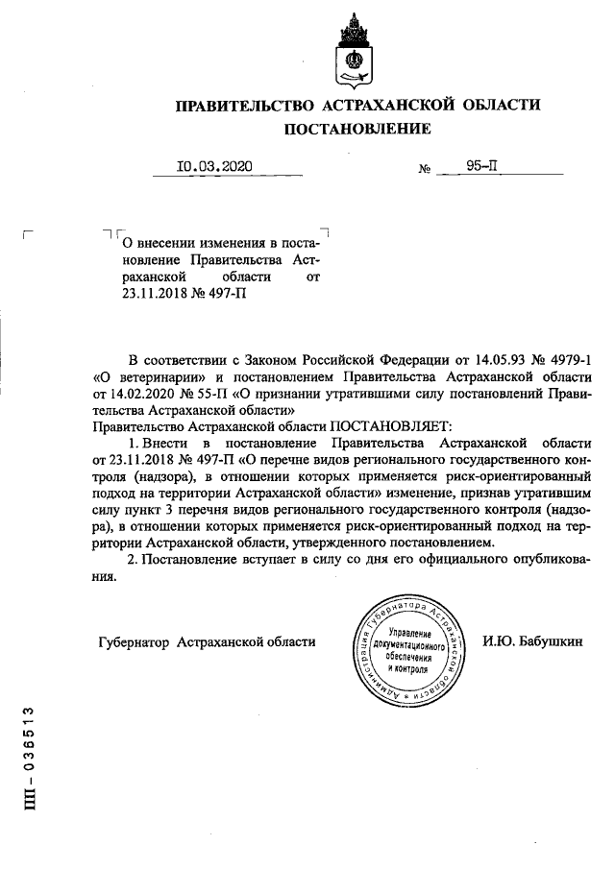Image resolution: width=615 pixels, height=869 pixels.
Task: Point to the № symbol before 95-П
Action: (x=424, y=168)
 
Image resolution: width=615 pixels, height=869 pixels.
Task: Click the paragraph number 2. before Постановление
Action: (x=135, y=559)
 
